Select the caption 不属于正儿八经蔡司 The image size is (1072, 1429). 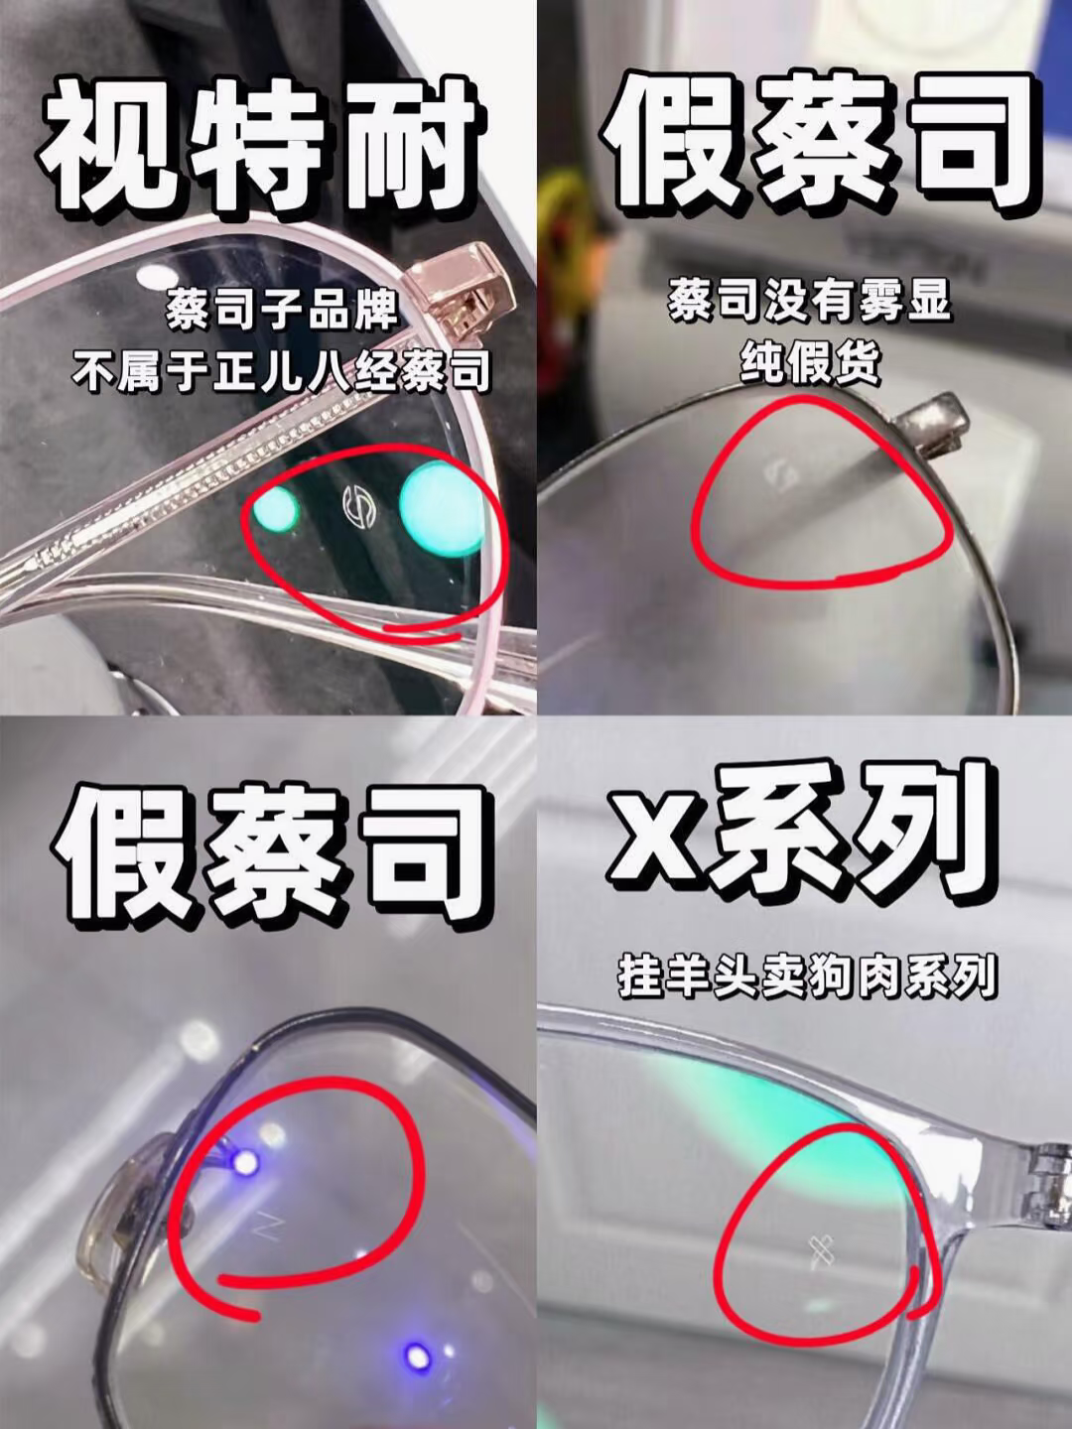click(281, 373)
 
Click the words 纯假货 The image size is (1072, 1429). click(810, 362)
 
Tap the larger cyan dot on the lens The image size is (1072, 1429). click(442, 508)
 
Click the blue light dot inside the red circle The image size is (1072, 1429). click(246, 1162)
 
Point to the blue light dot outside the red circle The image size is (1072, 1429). click(418, 1357)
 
